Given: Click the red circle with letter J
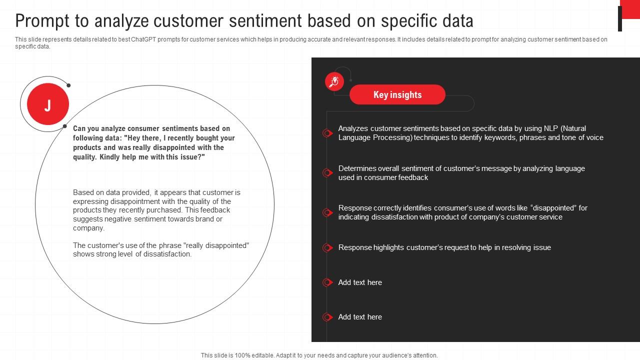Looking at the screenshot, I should click(47, 104).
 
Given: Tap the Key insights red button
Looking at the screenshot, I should click(397, 94).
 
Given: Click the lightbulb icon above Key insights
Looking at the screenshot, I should click(334, 81).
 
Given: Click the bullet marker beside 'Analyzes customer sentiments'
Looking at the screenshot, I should click(327, 133).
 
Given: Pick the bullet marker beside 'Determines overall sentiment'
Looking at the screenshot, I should click(327, 173).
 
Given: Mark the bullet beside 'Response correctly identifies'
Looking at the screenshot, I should click(327, 212).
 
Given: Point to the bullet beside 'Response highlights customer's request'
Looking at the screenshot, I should click(327, 247).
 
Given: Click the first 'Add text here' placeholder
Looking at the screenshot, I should click(360, 282).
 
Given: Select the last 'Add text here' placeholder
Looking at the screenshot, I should click(360, 317).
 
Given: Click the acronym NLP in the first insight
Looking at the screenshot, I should click(551, 128).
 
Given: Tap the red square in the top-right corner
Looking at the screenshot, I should click(630, 9).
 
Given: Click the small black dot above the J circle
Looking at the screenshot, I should click(68, 85).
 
